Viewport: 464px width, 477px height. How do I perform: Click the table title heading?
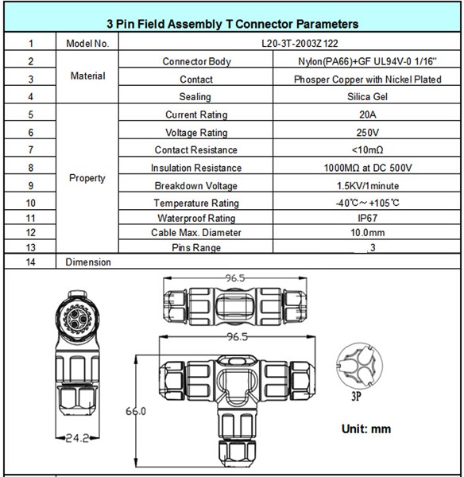pyautogui.click(x=233, y=24)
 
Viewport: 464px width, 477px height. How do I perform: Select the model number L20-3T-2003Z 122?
pyautogui.click(x=300, y=44)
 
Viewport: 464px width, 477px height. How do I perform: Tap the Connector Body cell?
pyautogui.click(x=197, y=61)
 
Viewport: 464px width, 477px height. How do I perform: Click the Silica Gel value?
pyautogui.click(x=367, y=97)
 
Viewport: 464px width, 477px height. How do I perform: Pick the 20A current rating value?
pyautogui.click(x=368, y=114)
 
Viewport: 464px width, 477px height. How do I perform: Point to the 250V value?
pyautogui.click(x=368, y=133)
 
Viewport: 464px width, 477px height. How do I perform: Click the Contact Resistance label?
pyautogui.click(x=195, y=150)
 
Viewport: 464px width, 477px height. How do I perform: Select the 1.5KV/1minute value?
pyautogui.click(x=368, y=186)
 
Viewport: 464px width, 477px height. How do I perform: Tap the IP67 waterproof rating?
pyautogui.click(x=368, y=218)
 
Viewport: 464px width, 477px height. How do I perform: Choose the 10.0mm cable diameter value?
pyautogui.click(x=368, y=233)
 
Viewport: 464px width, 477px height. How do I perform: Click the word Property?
pyautogui.click(x=87, y=178)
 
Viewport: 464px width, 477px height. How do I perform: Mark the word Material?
pyautogui.click(x=88, y=76)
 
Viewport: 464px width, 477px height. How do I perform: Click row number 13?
pyautogui.click(x=31, y=247)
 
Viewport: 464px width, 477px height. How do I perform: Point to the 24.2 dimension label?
pyautogui.click(x=77, y=438)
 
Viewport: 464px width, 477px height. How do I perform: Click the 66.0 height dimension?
pyautogui.click(x=136, y=411)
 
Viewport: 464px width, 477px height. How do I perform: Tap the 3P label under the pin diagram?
pyautogui.click(x=356, y=396)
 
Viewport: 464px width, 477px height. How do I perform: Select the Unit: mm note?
pyautogui.click(x=366, y=429)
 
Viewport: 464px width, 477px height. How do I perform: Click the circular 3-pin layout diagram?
pyautogui.click(x=359, y=366)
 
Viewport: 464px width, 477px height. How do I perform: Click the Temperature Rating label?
pyautogui.click(x=196, y=204)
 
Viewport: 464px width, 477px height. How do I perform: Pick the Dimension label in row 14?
pyautogui.click(x=88, y=262)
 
